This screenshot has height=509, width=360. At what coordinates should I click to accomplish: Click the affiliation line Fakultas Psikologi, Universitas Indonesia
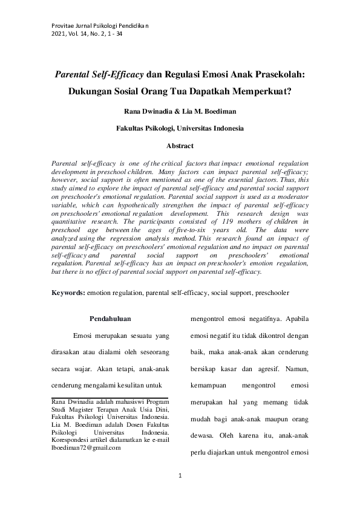point(180,128)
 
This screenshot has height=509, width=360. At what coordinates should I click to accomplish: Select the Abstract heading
point(180,146)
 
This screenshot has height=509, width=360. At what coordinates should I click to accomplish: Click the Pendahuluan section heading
point(110,318)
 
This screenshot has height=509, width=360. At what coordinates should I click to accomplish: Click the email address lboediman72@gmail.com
point(87,448)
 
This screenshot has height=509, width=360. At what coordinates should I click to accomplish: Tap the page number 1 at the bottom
point(180,478)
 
